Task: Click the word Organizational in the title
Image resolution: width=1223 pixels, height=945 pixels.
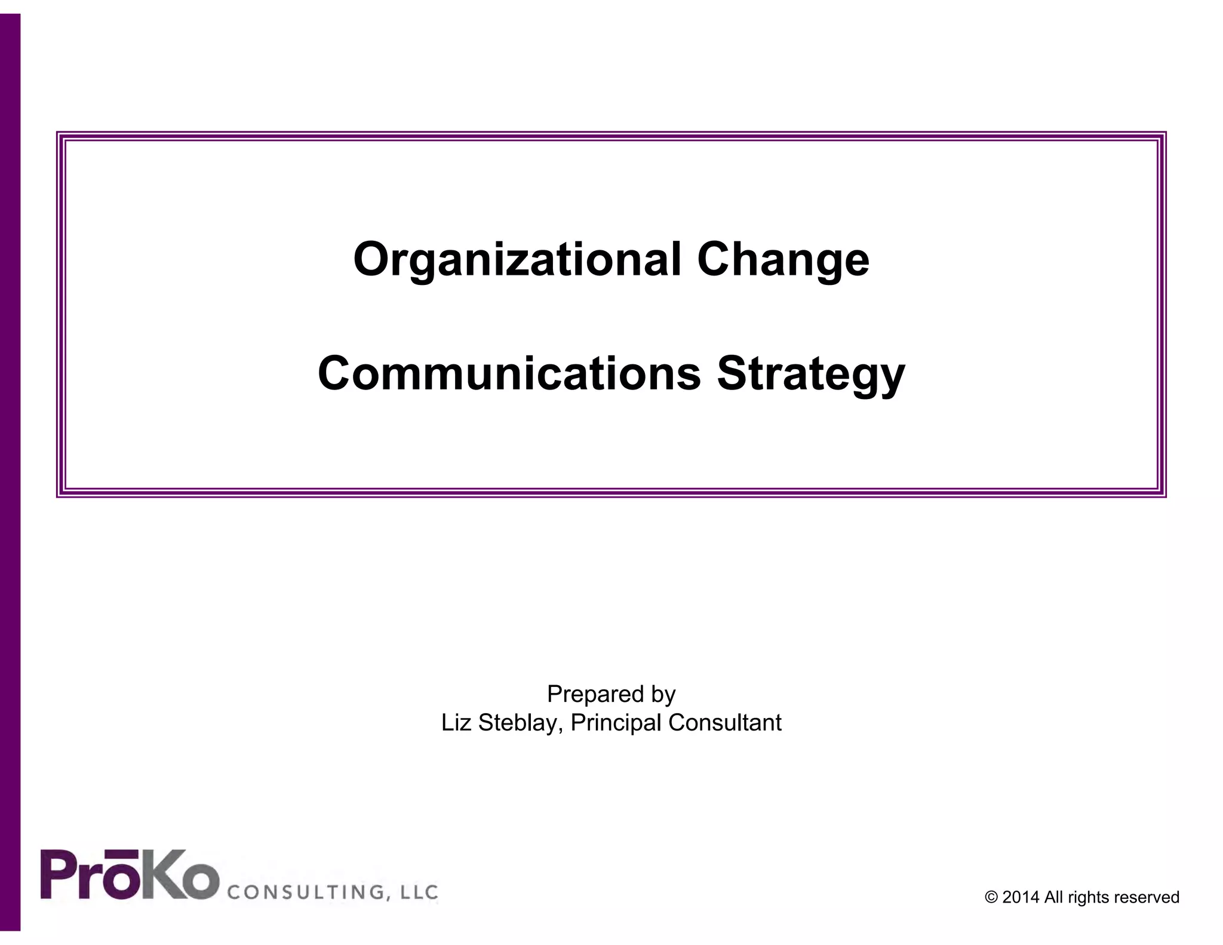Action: coord(517,260)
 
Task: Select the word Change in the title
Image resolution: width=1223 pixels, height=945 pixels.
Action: coord(783,260)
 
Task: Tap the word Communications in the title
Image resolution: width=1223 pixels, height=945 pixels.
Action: coord(509,374)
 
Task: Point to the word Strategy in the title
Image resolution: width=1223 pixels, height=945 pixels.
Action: coord(811,374)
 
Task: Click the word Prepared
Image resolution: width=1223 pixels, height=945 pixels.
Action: coord(594,694)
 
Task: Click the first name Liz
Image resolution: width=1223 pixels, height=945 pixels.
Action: coord(457,723)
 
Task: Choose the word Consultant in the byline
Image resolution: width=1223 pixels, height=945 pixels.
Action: coord(725,723)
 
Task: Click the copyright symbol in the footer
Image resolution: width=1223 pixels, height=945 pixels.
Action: coord(992,898)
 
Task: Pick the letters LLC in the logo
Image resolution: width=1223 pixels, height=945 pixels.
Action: coord(419,892)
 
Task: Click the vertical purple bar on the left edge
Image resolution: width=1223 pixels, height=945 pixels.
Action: coord(10,472)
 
